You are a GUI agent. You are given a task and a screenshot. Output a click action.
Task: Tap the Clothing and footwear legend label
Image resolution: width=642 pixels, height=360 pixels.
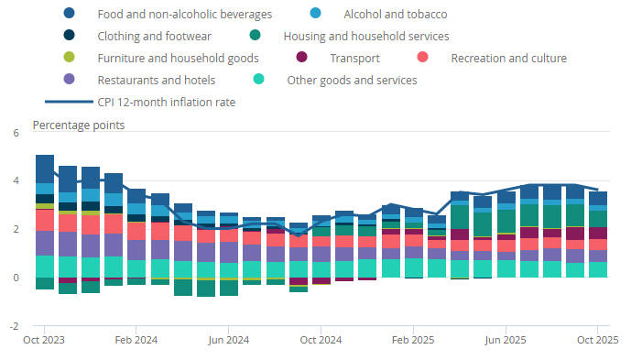pyautogui.click(x=155, y=36)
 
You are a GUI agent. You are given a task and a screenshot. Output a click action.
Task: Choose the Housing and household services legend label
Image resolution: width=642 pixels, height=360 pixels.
pyautogui.click(x=365, y=36)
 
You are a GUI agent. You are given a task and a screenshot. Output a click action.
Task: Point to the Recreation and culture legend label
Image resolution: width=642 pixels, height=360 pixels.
pyautogui.click(x=508, y=59)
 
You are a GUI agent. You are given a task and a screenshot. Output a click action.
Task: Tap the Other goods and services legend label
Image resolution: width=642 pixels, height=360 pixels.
pyautogui.click(x=352, y=81)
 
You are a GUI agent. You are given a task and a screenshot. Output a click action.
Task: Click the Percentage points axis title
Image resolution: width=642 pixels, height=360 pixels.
pyautogui.click(x=79, y=125)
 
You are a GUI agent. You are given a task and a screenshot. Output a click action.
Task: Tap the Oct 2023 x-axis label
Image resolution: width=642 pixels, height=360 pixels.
pyautogui.click(x=44, y=340)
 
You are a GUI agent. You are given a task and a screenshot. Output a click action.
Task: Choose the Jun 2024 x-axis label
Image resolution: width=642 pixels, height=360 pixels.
pyautogui.click(x=229, y=340)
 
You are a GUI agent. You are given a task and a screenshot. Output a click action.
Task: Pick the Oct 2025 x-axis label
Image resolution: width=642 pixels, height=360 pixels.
pyautogui.click(x=598, y=340)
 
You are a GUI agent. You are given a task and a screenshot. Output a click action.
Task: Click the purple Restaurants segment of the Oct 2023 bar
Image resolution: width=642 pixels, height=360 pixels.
pyautogui.click(x=45, y=243)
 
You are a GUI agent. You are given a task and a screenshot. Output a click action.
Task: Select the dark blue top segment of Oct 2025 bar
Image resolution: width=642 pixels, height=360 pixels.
pyautogui.click(x=598, y=198)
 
